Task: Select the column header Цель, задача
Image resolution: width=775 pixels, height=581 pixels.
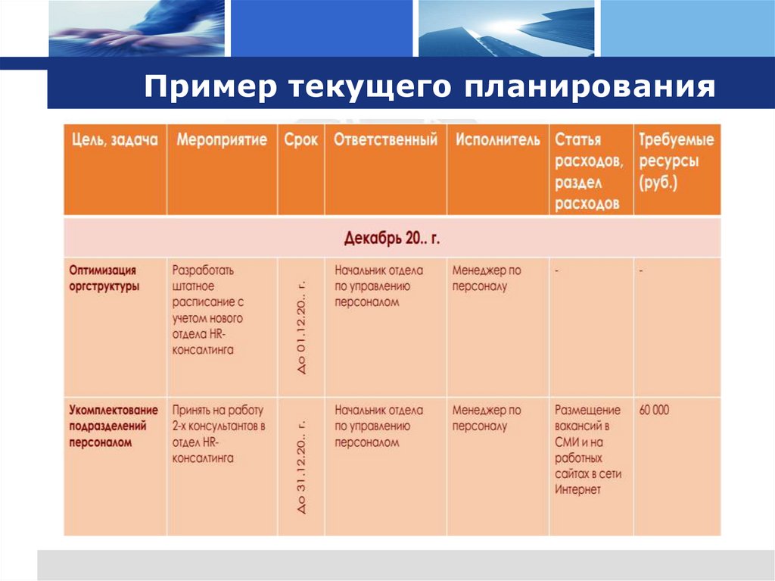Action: point(114,141)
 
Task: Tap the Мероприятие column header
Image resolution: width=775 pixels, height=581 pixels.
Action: point(222,141)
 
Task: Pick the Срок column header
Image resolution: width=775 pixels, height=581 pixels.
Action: point(301,141)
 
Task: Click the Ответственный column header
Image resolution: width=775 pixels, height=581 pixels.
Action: point(385,141)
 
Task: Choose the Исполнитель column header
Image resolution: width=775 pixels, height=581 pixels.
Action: point(497,141)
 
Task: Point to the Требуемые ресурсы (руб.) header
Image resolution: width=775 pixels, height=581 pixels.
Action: point(676,161)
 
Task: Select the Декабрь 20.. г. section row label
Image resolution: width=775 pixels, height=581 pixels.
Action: point(392,238)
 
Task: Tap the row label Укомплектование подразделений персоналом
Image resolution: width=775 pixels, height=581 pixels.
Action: point(114,426)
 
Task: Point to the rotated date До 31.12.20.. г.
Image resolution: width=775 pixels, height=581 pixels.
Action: point(302,467)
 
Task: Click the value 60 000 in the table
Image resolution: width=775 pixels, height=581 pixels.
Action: point(655,410)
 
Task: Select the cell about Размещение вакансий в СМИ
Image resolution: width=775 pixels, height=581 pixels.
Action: point(588,449)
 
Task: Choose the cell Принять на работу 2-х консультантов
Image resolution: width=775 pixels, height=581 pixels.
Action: point(218,433)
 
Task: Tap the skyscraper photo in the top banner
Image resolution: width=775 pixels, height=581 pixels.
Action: point(506,29)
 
